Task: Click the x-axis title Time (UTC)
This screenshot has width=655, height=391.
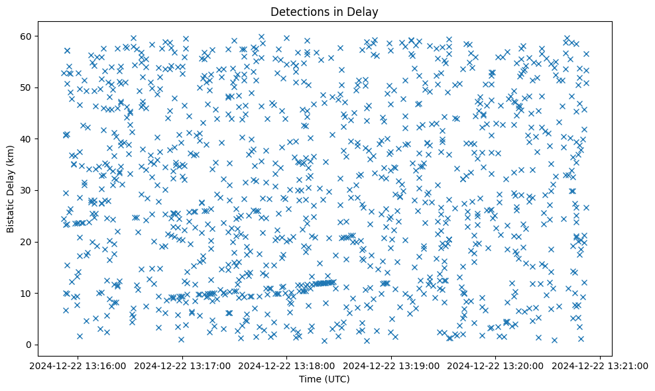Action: (x=325, y=379)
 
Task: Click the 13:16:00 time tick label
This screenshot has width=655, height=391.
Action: (x=79, y=365)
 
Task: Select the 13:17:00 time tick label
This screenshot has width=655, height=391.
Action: (x=183, y=365)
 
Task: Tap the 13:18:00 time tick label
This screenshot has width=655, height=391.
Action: (x=287, y=365)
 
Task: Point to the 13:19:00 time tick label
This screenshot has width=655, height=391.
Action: (x=391, y=365)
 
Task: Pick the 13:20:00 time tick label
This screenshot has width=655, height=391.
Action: (x=496, y=365)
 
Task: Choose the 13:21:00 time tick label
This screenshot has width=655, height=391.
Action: (x=600, y=365)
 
